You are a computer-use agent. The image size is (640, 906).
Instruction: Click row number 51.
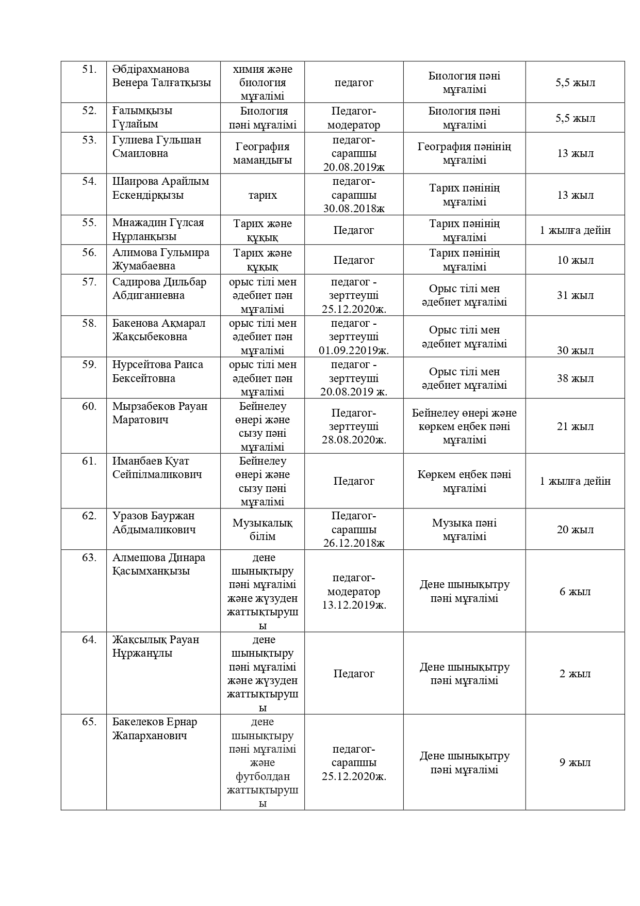89,70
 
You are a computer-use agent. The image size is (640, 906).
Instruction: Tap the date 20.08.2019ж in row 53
354,167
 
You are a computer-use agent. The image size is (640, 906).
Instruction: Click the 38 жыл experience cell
575,378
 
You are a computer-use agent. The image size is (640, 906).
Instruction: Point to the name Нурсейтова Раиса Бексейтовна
158,371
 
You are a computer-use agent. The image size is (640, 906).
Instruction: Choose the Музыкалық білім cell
262,530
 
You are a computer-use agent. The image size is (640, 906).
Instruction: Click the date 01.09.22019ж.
354,351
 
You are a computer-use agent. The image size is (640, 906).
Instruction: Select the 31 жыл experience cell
575,295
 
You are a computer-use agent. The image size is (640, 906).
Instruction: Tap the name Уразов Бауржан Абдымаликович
154,522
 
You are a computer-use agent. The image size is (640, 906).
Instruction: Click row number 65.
89,722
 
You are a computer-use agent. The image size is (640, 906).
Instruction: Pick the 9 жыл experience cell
575,762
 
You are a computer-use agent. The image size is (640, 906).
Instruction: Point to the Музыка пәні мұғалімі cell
464,530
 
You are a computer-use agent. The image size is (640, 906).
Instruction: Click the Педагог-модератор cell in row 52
354,118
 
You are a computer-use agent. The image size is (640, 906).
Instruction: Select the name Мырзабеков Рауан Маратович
160,413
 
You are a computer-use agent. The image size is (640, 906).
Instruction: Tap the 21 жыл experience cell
575,426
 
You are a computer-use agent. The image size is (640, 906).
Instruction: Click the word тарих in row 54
262,195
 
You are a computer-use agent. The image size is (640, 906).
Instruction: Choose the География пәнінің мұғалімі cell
464,153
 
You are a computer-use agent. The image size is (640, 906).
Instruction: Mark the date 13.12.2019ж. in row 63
354,605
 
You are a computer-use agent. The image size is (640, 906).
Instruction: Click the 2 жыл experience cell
575,674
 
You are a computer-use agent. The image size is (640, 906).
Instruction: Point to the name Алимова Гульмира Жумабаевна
161,259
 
